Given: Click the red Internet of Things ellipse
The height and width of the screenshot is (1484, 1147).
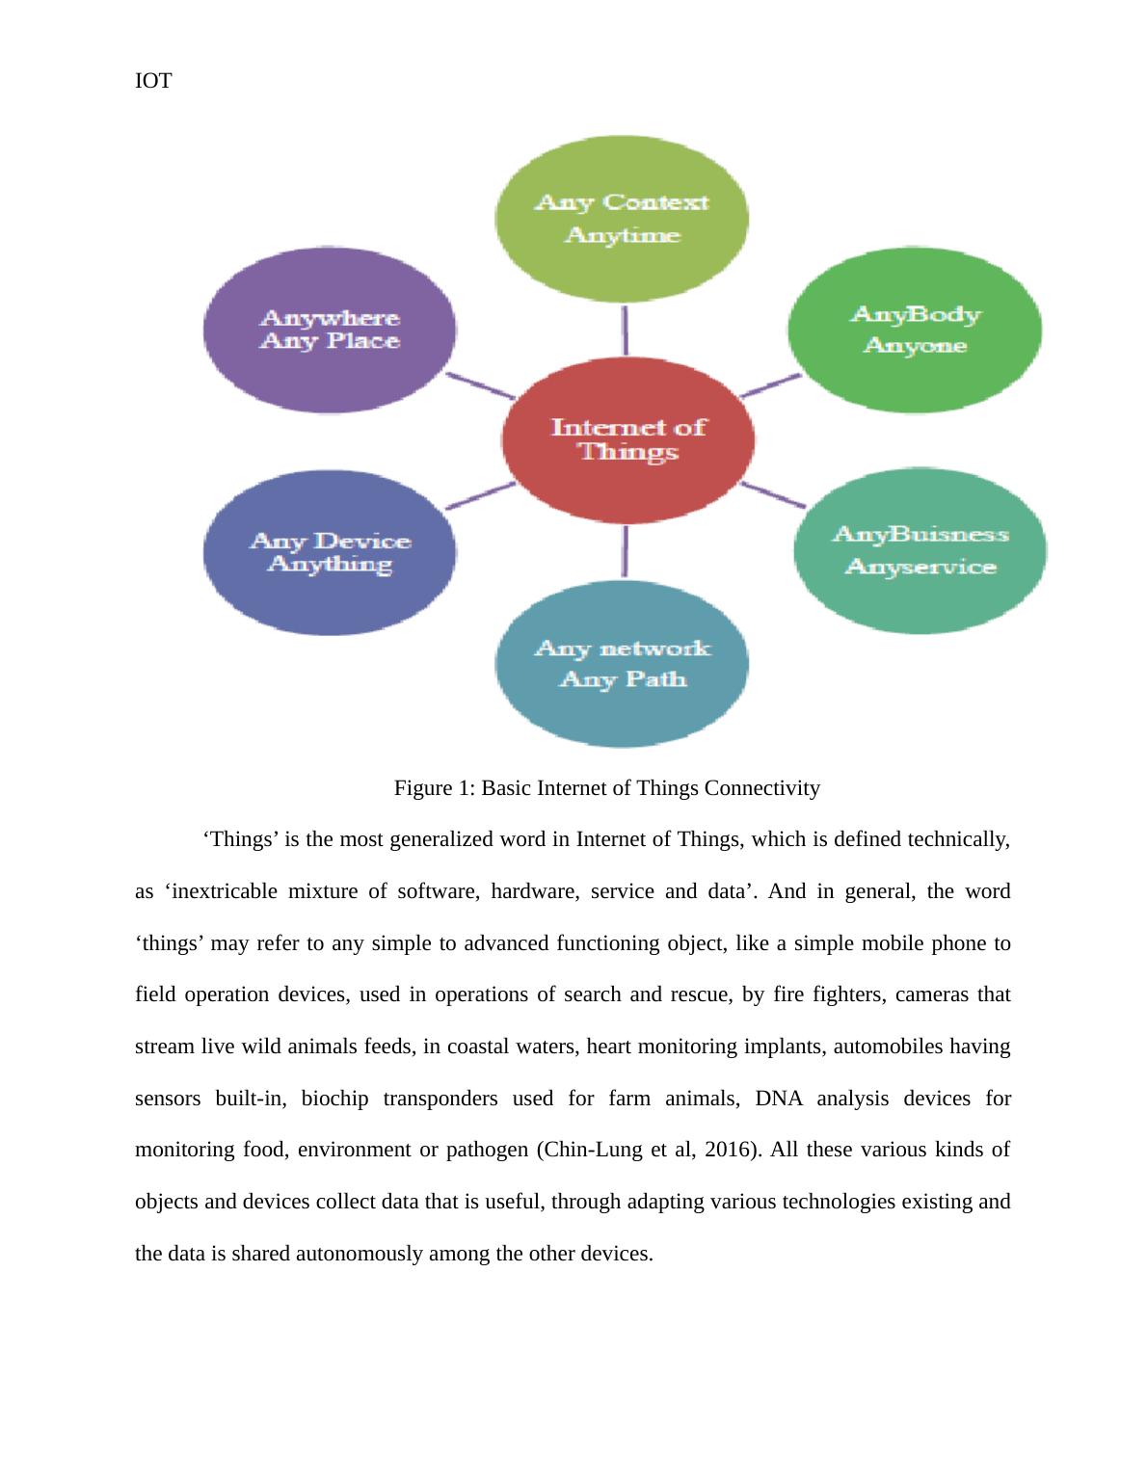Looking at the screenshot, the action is (627, 440).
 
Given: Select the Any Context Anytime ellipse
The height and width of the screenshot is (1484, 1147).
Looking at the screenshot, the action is (622, 219).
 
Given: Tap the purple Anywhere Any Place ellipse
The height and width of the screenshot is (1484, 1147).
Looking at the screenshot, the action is (330, 330).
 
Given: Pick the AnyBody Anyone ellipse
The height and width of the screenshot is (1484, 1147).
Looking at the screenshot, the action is (915, 330).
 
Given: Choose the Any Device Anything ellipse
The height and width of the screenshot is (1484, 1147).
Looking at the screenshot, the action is (330, 552).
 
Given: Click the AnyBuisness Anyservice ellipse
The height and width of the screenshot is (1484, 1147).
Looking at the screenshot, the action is (920, 550).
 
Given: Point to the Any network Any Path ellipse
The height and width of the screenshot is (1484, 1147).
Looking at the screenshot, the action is (622, 664).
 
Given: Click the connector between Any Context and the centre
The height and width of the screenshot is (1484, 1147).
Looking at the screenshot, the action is (625, 331).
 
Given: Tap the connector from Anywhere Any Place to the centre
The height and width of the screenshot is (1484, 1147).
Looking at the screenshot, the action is (480, 385).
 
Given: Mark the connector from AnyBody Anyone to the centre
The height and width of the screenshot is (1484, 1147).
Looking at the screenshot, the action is (770, 385).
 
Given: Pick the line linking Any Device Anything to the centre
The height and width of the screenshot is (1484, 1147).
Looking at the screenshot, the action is (480, 496).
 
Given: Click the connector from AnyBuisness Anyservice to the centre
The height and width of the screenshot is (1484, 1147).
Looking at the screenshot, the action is (773, 495).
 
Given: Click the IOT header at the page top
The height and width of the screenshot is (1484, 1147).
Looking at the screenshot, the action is (153, 81).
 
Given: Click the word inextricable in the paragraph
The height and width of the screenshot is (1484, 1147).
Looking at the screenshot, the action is (224, 891).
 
